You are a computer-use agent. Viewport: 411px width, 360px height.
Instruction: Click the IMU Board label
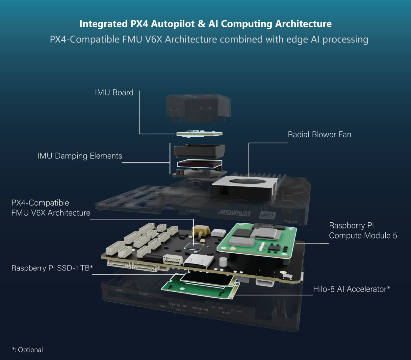click(x=114, y=93)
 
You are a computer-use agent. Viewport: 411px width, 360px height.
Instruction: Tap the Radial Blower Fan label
click(x=319, y=135)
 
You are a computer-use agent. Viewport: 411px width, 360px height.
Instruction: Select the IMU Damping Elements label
click(x=80, y=156)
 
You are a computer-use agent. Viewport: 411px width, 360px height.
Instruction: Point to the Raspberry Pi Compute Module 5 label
click(x=363, y=231)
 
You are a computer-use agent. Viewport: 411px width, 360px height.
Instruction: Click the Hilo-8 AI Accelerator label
click(x=351, y=289)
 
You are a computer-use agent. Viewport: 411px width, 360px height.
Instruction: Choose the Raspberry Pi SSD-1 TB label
click(x=52, y=268)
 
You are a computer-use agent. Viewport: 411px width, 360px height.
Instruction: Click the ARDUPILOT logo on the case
click(x=234, y=213)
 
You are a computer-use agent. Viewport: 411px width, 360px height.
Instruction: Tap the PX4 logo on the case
click(x=267, y=215)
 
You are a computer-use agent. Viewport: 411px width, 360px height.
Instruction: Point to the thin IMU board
click(x=199, y=133)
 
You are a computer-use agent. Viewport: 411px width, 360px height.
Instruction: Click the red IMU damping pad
click(x=199, y=163)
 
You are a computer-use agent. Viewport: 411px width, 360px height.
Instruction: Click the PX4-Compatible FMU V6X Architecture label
click(x=51, y=208)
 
